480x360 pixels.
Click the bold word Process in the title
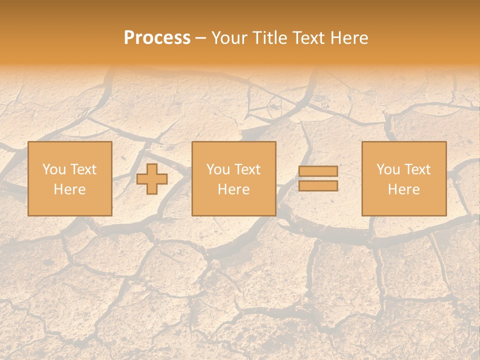click(157, 38)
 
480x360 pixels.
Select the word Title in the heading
click(270, 38)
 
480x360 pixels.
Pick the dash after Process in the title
click(201, 38)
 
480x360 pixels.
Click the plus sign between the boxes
click(152, 179)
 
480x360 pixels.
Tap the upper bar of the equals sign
click(318, 171)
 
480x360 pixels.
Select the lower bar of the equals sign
click(318, 186)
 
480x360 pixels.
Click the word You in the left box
click(54, 169)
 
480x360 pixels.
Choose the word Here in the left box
click(69, 189)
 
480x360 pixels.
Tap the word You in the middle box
click(218, 169)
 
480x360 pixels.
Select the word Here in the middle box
click(233, 189)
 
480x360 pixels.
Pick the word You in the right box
click(388, 169)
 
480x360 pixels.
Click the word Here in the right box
click(403, 189)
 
